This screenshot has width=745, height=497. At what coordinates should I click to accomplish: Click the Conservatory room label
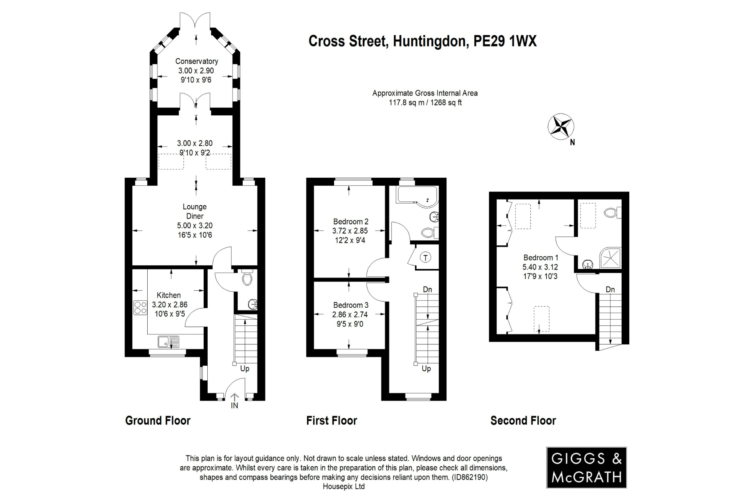coord(196,61)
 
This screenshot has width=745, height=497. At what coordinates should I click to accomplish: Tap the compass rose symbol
coord(561,127)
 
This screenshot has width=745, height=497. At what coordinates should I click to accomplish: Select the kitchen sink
coord(168,342)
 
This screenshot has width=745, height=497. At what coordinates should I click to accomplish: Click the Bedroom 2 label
coord(351,221)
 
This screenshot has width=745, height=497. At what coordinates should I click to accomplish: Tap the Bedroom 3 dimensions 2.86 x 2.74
coord(350,314)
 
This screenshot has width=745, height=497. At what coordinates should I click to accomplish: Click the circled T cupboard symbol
coord(426,258)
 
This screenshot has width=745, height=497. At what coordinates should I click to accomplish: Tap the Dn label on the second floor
coord(610,289)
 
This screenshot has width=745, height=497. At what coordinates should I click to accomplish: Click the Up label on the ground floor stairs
coord(244,368)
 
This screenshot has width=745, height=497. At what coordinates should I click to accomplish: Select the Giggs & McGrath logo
coord(586,468)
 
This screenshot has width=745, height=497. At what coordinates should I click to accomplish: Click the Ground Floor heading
coord(158,421)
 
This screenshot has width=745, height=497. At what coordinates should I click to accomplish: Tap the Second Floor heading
coord(523,421)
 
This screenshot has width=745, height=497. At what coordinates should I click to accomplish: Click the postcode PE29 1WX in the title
coord(505,41)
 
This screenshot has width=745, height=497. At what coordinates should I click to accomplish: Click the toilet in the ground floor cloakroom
coord(247,279)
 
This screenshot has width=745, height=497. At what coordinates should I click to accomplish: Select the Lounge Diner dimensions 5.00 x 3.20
coord(195,225)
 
